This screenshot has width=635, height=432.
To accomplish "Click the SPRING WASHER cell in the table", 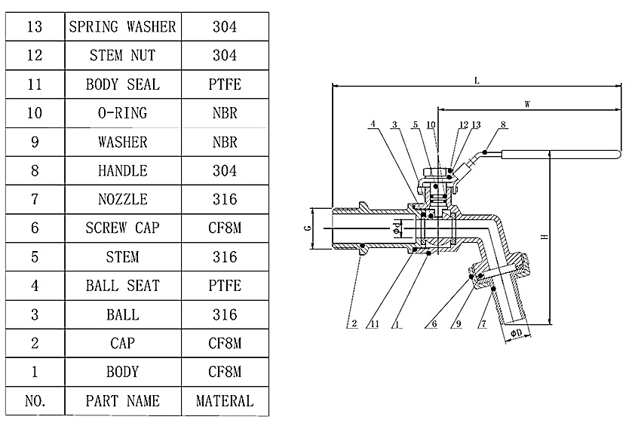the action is click(x=123, y=26).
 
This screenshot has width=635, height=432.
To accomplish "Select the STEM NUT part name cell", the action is click(x=123, y=56).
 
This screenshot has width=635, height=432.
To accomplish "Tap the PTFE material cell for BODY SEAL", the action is click(x=225, y=84).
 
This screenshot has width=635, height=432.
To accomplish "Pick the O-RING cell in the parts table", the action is click(x=123, y=113).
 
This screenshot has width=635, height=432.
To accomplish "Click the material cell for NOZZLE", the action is click(x=225, y=199).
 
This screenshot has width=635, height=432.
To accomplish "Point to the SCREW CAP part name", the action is click(x=123, y=228).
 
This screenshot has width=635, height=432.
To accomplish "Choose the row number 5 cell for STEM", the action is click(x=35, y=256).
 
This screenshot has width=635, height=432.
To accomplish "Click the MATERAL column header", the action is click(x=225, y=401).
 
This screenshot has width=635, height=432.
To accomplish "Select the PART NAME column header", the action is click(x=123, y=401).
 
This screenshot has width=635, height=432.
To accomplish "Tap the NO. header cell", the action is click(x=35, y=401).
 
